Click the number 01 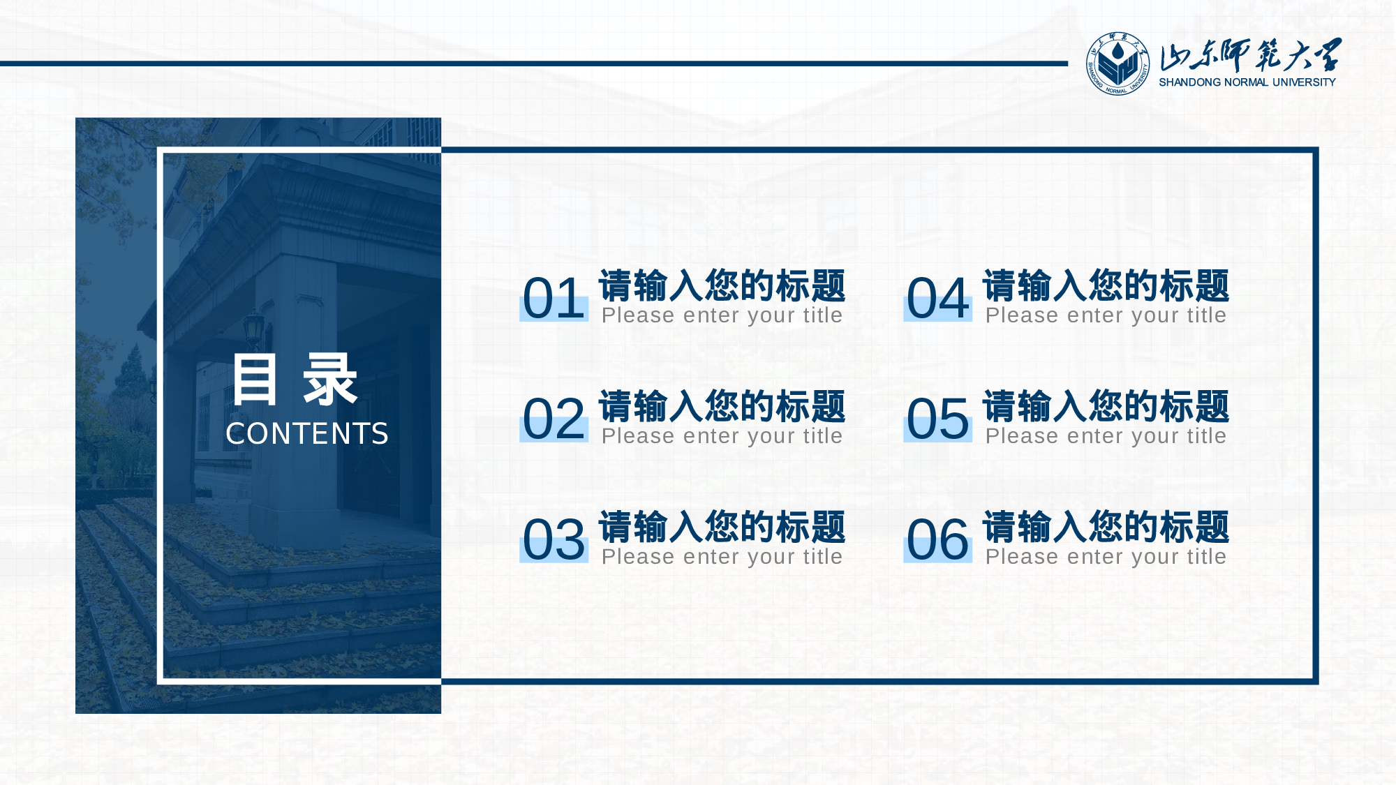[x=554, y=299]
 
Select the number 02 [x=554, y=419]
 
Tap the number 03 [x=554, y=540]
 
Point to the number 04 [x=937, y=299]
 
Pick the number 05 [x=937, y=419]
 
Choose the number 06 [x=937, y=540]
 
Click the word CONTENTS [x=307, y=434]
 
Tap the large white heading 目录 [x=295, y=380]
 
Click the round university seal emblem [x=1117, y=63]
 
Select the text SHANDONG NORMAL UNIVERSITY [x=1247, y=82]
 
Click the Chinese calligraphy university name [x=1249, y=54]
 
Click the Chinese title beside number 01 [x=722, y=285]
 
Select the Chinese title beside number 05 [x=1106, y=406]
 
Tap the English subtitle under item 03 [x=722, y=557]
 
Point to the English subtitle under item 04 [x=1106, y=315]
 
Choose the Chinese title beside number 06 [x=1106, y=527]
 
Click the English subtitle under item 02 [x=722, y=436]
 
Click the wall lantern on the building [x=253, y=328]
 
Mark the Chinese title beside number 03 [x=722, y=527]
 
